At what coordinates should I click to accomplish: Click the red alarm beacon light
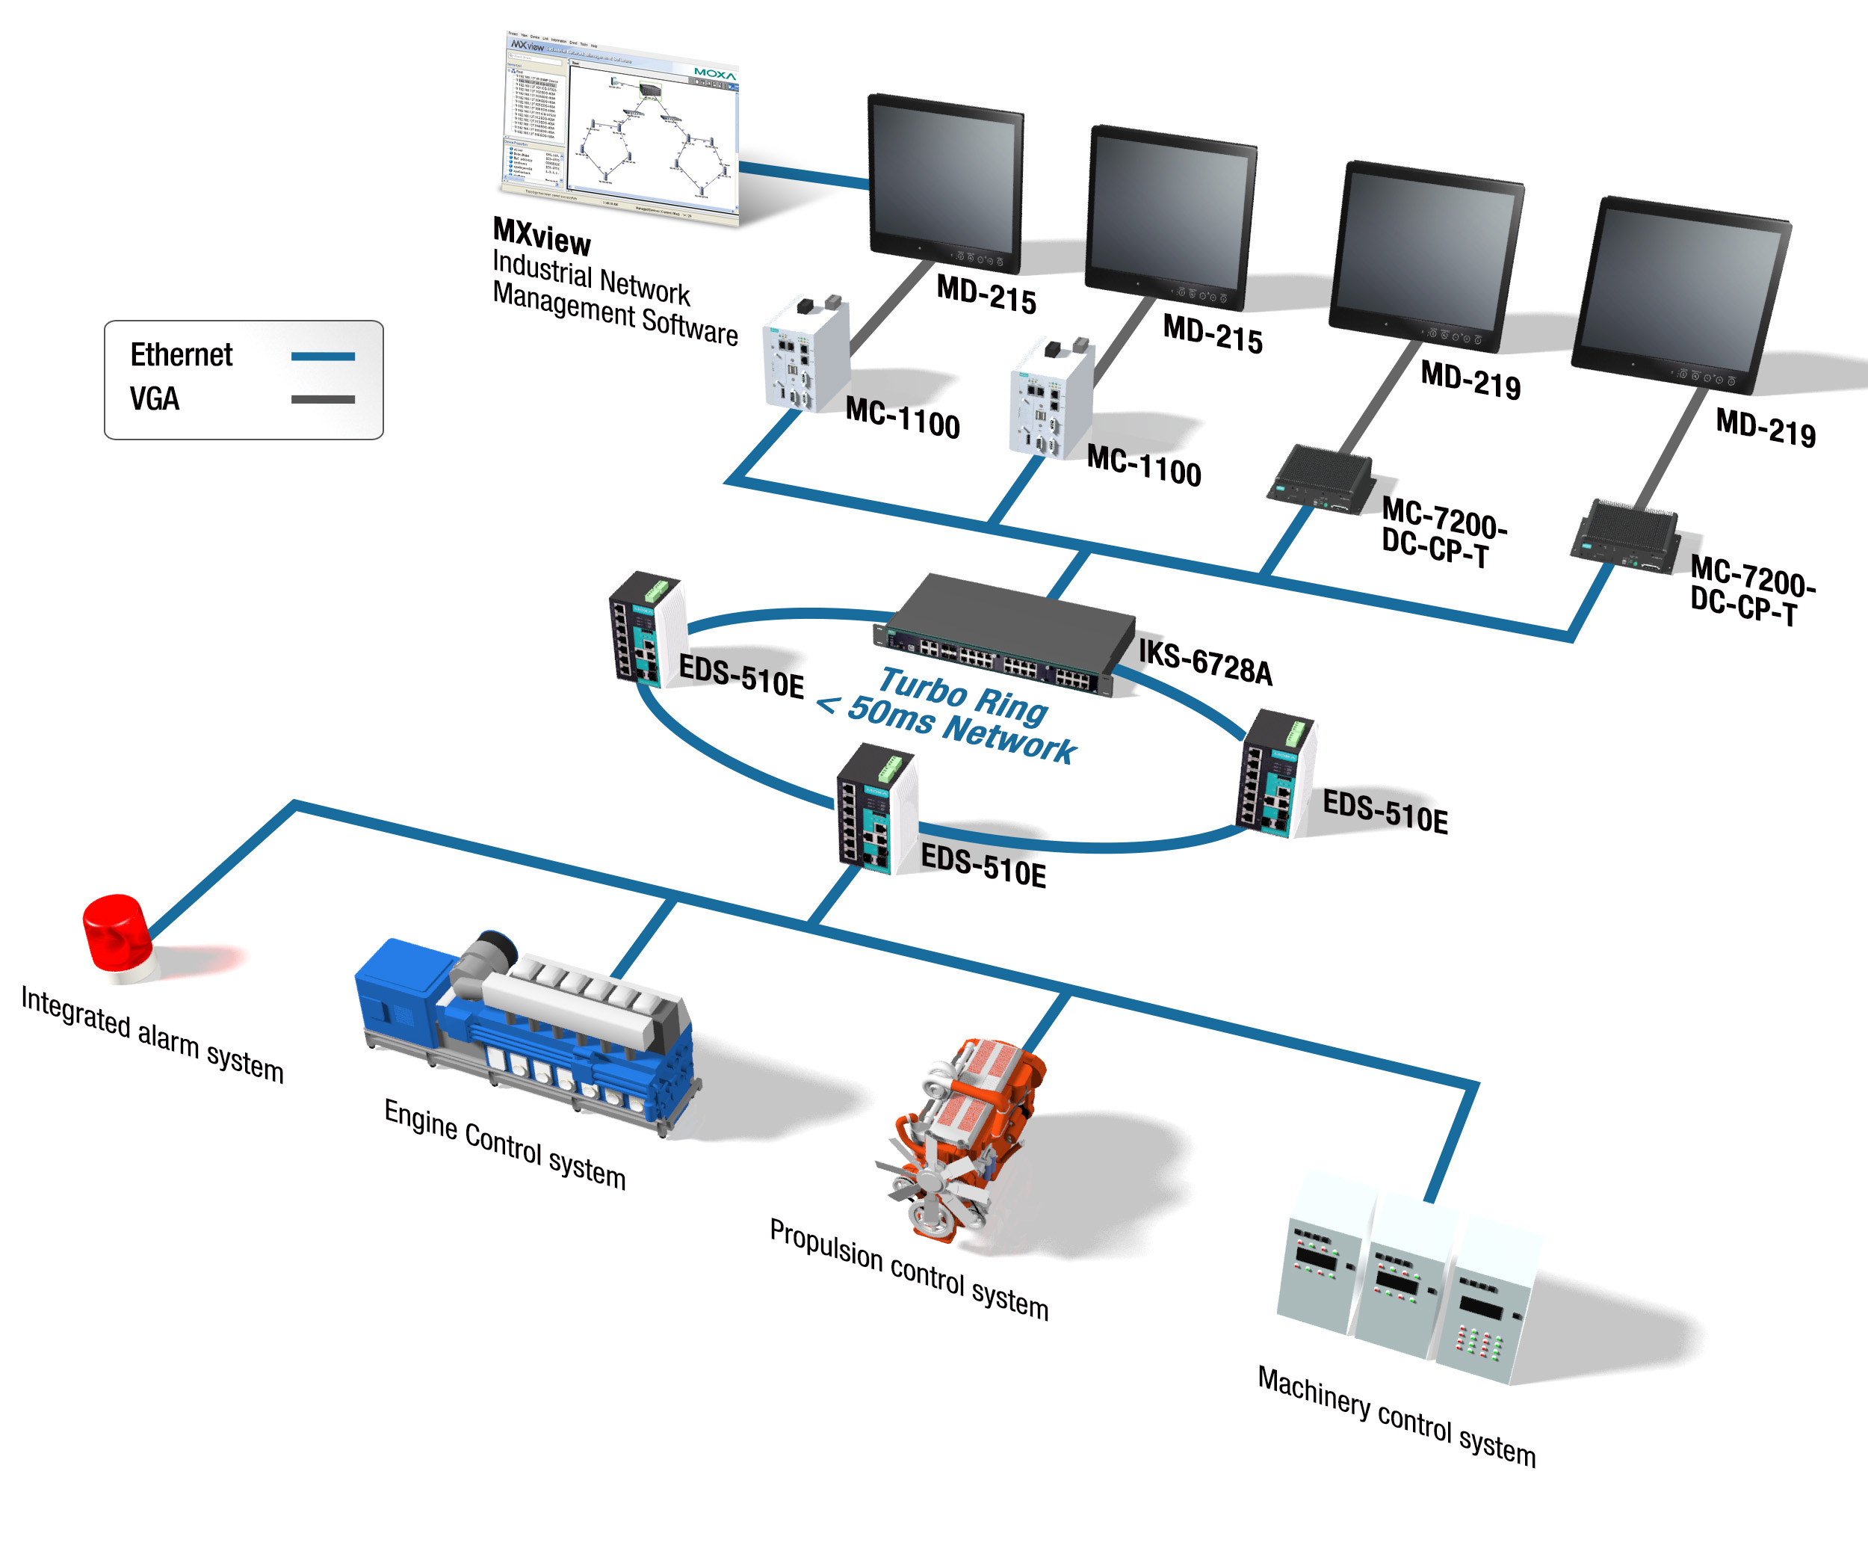coord(117,934)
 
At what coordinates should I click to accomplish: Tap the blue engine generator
coord(525,1032)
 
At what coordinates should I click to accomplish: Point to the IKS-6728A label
coord(1205,662)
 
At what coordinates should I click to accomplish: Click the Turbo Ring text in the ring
coord(963,694)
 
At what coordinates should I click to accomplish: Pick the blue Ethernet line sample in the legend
coord(323,356)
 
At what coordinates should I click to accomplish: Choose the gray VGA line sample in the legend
coord(323,400)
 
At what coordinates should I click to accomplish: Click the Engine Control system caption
coord(504,1143)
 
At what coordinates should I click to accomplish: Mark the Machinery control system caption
coord(1396,1416)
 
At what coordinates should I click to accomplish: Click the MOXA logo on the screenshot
coord(714,74)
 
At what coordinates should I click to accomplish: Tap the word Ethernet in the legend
coord(182,355)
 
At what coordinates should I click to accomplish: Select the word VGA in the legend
coord(155,398)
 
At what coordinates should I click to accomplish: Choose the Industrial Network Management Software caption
coord(613,298)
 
